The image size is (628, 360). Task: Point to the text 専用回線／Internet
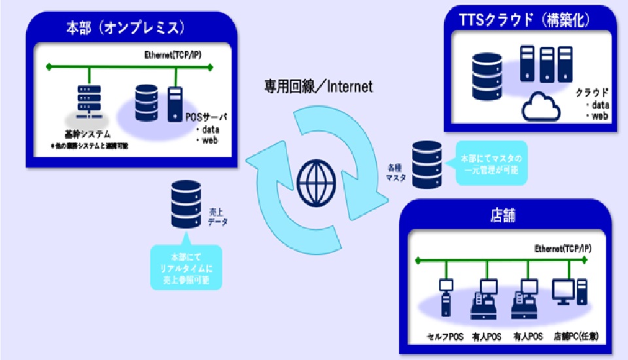point(319,86)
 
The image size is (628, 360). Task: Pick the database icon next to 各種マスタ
point(427,164)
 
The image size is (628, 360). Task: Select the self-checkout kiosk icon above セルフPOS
point(446,297)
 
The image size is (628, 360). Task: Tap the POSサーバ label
point(204,116)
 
